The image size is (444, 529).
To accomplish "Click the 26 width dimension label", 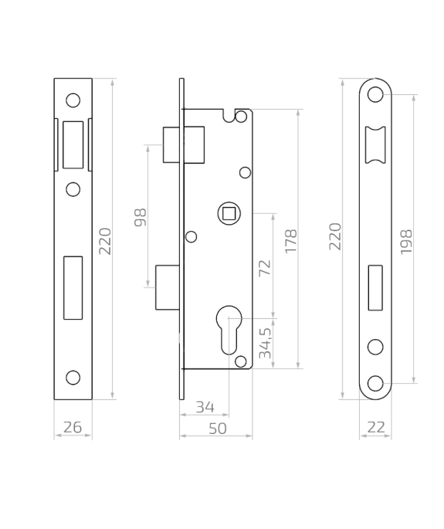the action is coord(73,428).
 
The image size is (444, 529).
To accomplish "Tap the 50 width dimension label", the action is coord(218,429).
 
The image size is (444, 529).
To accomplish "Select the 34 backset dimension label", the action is coord(205,407).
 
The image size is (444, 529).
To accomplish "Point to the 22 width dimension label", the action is coord(376,428).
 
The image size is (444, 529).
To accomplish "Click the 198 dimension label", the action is coord(406,242).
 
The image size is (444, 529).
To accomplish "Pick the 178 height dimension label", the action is coord(291,241).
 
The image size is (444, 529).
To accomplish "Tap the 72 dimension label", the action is coord(265,268).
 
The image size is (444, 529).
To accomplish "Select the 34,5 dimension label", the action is coord(265,343).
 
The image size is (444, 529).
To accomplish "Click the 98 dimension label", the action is coord(141,218).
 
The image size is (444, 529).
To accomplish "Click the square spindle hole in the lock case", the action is coord(229,214).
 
